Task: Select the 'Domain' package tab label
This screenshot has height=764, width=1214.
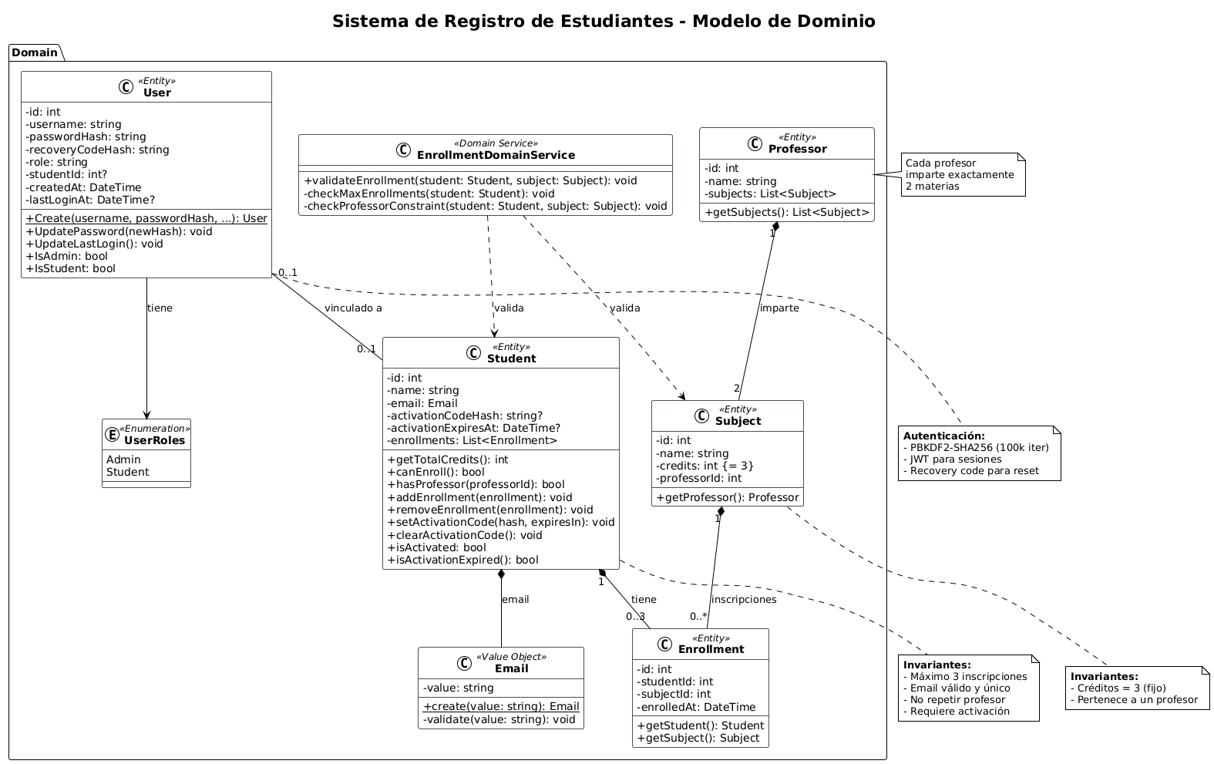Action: [x=35, y=52]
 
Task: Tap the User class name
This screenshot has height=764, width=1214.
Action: [x=157, y=93]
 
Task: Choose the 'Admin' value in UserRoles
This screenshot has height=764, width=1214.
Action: [x=123, y=459]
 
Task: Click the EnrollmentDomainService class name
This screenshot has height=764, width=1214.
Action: [x=496, y=155]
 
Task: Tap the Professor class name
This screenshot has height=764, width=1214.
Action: [x=797, y=149]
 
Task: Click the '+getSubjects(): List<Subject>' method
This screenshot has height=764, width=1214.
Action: [x=787, y=212]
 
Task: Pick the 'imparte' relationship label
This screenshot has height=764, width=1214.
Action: [x=779, y=308]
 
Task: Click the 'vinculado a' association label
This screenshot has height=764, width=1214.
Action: [x=353, y=308]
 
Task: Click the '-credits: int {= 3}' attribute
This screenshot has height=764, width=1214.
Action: [x=705, y=466]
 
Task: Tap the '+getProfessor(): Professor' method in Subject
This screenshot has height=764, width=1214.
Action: [x=727, y=497]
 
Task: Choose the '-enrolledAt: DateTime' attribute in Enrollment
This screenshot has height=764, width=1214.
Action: [x=696, y=707]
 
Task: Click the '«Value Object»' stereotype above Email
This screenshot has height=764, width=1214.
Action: [x=511, y=657]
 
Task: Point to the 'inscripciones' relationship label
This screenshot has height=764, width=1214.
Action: [x=744, y=600]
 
